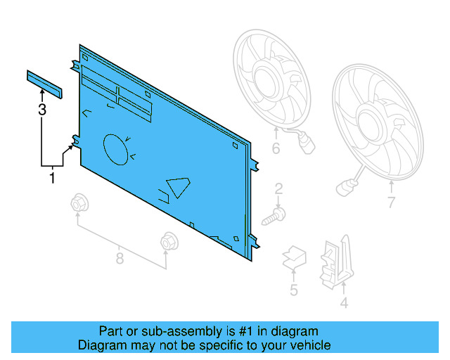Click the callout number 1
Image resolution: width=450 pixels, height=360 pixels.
pos(51,179)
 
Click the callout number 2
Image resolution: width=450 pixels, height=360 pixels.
pos(278,188)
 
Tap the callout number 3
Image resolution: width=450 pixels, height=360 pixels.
pos(42,110)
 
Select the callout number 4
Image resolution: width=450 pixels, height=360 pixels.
pos(344,304)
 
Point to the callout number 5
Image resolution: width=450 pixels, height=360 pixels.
pos(294,290)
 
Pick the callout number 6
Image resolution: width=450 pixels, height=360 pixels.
pos(276,148)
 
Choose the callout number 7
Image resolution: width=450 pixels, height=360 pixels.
pos(391,204)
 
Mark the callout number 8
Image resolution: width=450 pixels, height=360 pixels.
pos(120,259)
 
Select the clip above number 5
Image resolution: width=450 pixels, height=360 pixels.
pos(294,258)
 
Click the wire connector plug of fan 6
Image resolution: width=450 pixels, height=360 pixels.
pos(307,148)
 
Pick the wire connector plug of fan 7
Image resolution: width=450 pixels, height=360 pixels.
pos(345,188)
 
